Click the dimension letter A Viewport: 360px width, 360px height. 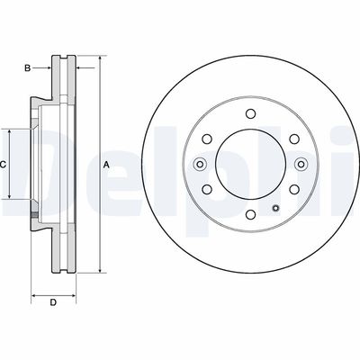point(106,164)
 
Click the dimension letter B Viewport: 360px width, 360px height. point(28,67)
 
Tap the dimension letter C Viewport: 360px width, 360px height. point(4,164)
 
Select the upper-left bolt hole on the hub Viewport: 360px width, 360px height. point(206,138)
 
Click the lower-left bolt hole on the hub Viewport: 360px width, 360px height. point(206,189)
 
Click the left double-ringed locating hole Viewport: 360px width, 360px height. point(199,163)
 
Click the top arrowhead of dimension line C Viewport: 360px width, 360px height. point(11,130)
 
